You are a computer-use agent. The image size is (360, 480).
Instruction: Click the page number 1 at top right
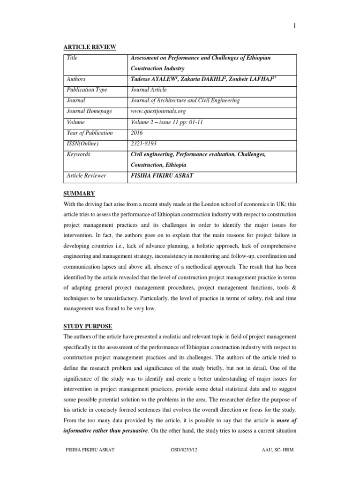(x=294, y=26)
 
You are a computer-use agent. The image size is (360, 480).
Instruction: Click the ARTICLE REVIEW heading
(x=90, y=46)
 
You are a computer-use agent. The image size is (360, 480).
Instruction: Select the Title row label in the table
(x=72, y=58)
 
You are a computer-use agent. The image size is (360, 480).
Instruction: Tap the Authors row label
(x=76, y=79)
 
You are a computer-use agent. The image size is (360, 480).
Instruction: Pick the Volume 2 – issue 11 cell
(x=167, y=122)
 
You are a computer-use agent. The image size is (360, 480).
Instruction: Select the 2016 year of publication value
(x=137, y=133)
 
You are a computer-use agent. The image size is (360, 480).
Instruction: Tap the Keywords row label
(x=79, y=154)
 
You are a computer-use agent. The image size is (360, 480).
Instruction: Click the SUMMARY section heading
(x=80, y=194)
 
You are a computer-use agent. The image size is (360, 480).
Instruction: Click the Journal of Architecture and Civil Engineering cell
(x=185, y=101)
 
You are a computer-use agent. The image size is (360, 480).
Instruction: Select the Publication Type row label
(x=87, y=90)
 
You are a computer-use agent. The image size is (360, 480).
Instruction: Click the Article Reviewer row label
(x=87, y=176)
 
